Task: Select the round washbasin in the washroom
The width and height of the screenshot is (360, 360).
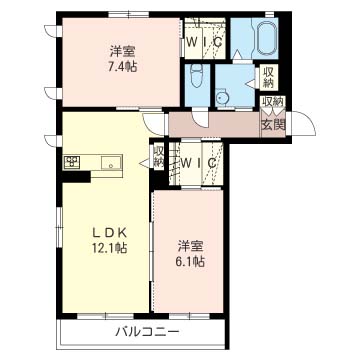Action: [221, 97]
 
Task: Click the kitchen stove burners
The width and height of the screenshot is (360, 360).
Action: [72, 162]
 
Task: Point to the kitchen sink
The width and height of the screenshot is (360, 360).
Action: [112, 163]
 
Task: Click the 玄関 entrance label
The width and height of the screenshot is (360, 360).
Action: [273, 125]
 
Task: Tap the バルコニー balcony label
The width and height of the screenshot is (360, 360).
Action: [147, 332]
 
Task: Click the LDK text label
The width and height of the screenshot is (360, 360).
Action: [109, 233]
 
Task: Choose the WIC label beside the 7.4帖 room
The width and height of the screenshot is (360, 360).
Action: [204, 42]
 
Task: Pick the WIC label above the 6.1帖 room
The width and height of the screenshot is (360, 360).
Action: [198, 163]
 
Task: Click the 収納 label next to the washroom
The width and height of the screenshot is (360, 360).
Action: [268, 77]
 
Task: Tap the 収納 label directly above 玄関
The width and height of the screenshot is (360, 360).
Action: [273, 101]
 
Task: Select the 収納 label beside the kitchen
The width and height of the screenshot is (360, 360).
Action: [159, 156]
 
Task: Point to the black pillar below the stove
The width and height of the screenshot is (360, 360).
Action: [77, 177]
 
